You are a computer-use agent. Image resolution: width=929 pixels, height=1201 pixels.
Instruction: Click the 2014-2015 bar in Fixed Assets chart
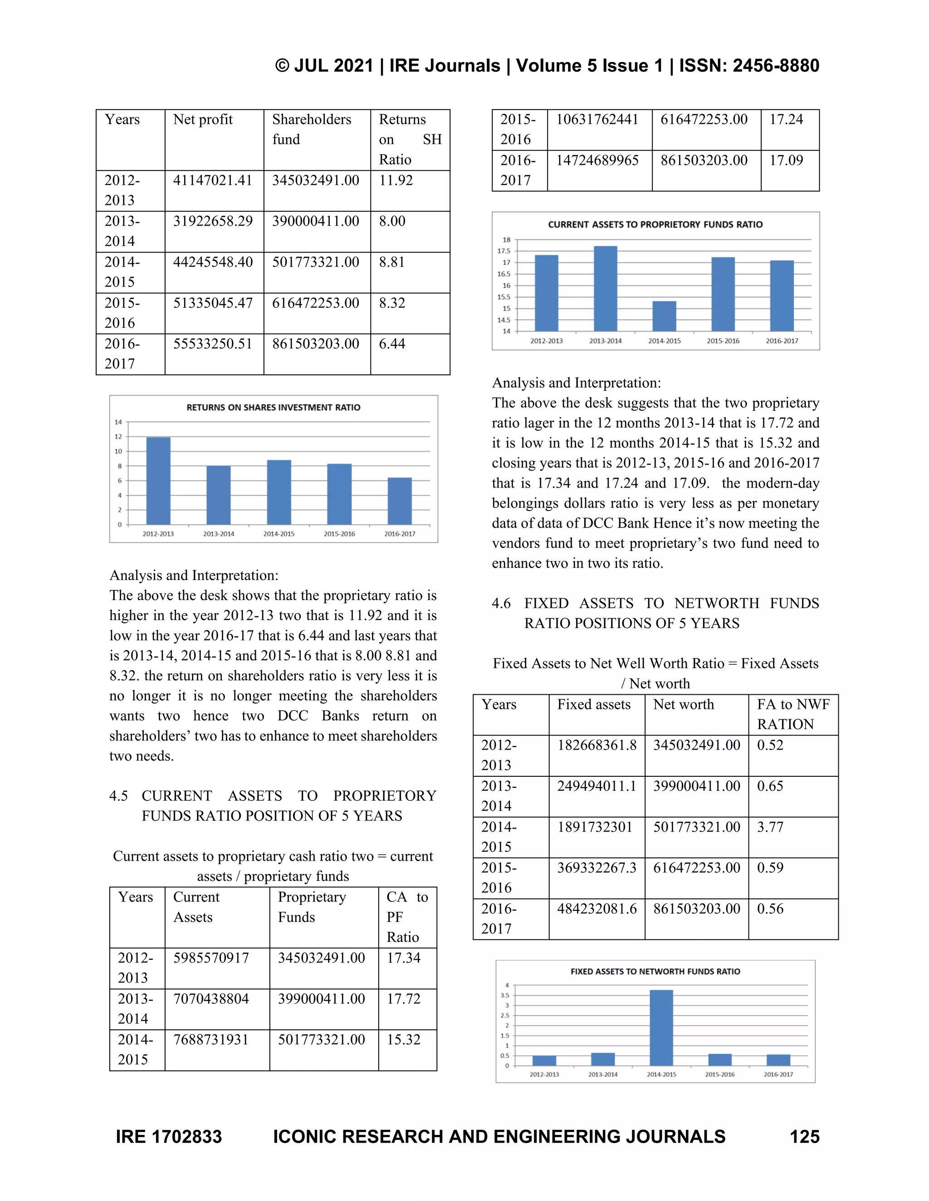661,1028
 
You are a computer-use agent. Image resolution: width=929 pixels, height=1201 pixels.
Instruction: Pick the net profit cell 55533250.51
212,344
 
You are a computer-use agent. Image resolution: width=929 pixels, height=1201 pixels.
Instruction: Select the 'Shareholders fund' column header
312,129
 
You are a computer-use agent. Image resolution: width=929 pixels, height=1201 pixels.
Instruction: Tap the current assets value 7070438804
211,998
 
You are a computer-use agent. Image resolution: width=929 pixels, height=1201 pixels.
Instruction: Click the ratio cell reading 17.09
786,160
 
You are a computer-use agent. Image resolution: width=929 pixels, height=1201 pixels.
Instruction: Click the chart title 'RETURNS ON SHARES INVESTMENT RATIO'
274,407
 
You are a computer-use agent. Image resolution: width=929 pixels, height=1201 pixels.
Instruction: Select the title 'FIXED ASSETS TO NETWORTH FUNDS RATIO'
655,972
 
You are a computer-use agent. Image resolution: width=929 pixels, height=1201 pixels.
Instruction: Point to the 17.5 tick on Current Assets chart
504,252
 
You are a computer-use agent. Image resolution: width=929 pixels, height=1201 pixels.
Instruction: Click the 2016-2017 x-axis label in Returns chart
400,534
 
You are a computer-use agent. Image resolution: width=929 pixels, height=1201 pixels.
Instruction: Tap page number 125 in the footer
804,1137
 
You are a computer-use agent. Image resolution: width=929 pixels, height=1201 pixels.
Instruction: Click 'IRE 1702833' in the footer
169,1137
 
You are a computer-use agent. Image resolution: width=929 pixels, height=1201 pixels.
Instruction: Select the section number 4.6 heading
501,603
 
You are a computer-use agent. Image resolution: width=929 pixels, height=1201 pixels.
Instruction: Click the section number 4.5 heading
118,796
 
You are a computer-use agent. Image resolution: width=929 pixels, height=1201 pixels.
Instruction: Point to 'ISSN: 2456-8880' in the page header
749,65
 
